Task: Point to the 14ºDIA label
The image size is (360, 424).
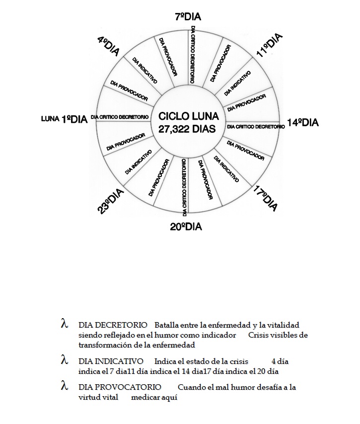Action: point(302,122)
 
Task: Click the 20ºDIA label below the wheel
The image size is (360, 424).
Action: point(186,227)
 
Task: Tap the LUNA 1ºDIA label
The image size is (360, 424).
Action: point(65,119)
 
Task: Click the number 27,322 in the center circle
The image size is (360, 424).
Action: point(176,129)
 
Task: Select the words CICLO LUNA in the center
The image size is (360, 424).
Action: point(188,116)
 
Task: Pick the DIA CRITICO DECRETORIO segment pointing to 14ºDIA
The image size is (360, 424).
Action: point(255,127)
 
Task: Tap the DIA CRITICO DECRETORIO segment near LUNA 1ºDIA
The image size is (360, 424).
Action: point(120,117)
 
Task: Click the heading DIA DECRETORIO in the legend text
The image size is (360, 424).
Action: point(112,325)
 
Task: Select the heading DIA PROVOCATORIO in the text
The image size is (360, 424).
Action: point(119,387)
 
